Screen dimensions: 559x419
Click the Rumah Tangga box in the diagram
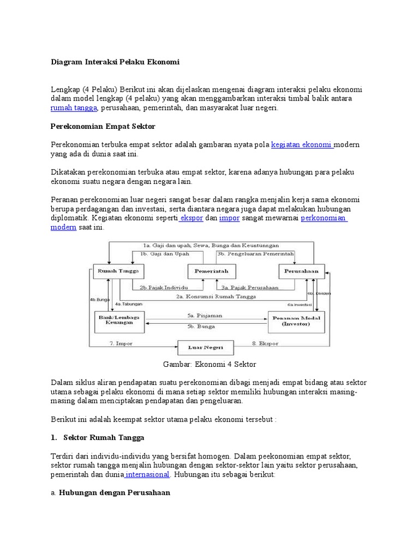coord(117,271)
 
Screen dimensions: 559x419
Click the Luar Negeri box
coord(205,348)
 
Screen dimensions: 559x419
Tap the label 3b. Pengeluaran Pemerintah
coord(256,254)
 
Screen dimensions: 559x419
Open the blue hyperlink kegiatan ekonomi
coord(302,145)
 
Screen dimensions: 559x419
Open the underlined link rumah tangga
coord(74,108)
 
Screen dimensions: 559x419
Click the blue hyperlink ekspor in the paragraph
coord(192,218)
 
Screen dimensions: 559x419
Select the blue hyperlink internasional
coord(148,474)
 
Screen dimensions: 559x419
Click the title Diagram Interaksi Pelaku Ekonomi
coord(115,62)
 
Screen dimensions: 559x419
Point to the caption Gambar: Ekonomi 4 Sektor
coord(209,364)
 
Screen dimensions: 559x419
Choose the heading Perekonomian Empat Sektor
coord(103,126)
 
